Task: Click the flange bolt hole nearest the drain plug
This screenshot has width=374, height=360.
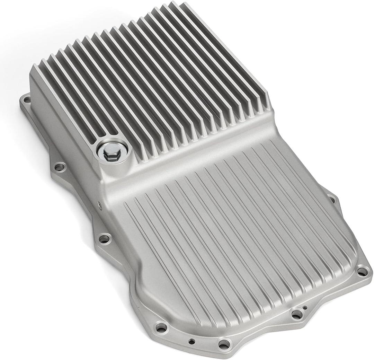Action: [60, 167]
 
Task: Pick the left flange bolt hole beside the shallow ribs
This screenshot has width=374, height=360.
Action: [104, 238]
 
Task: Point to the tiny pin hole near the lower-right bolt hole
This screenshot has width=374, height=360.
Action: [304, 308]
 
